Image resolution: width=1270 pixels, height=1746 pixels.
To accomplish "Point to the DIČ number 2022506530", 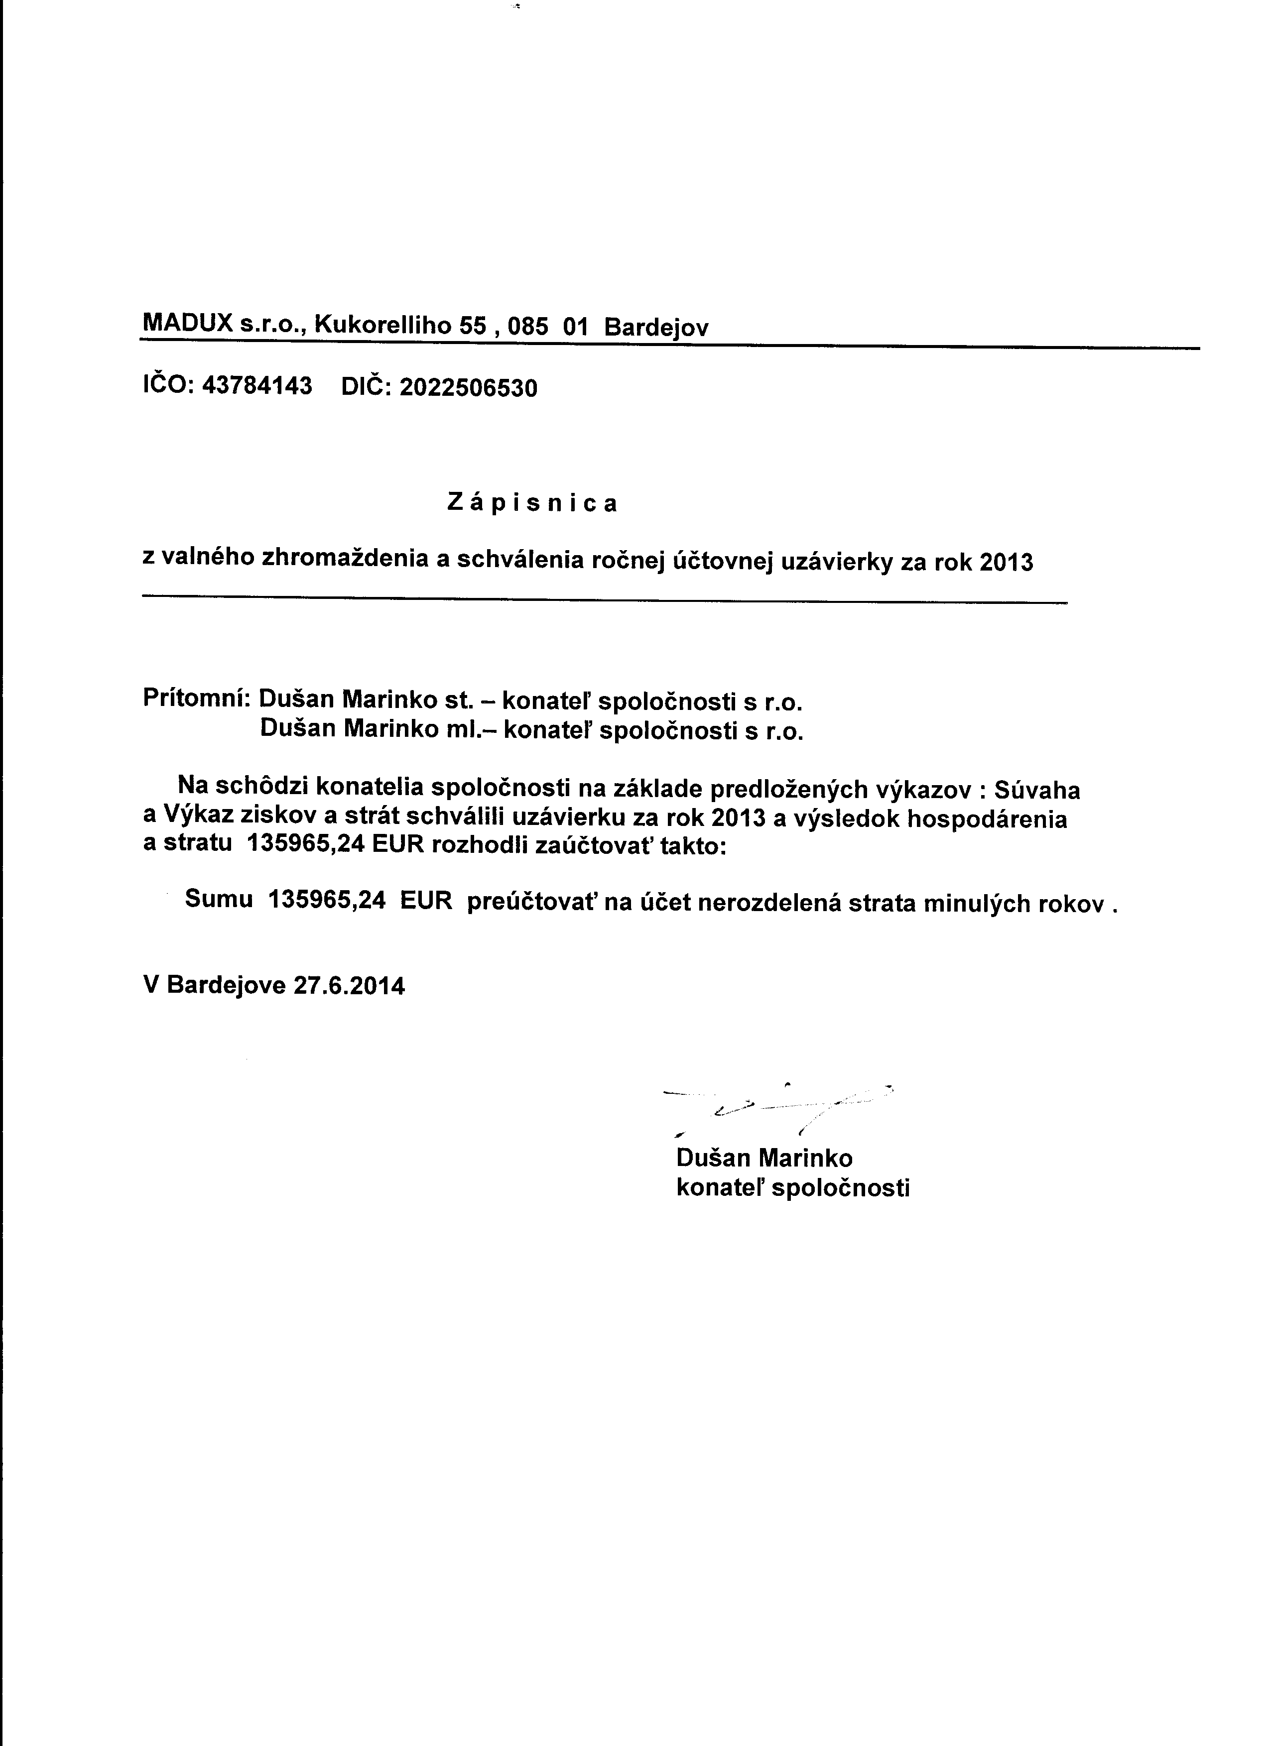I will (468, 387).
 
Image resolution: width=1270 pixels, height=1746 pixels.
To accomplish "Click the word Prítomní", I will (196, 699).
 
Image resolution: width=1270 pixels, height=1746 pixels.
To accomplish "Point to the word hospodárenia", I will (987, 819).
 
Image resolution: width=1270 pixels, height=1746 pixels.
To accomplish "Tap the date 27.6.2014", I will (349, 986).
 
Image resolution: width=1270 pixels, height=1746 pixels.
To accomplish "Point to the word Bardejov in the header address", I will (655, 328).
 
